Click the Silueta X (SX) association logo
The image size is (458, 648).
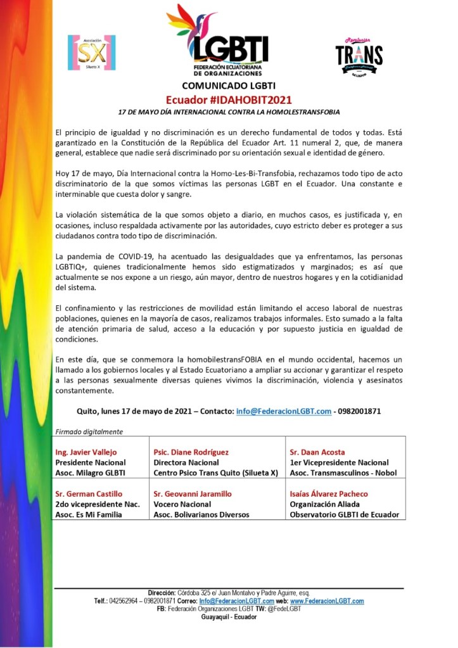coord(91,53)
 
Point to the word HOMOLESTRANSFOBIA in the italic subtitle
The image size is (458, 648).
coord(298,111)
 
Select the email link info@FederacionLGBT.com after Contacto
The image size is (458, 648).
coord(284,410)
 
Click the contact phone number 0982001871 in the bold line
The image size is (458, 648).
coord(359,410)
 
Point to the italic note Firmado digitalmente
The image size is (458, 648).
coord(88,431)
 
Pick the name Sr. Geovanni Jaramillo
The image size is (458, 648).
coord(193,493)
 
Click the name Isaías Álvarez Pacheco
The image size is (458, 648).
coord(328,493)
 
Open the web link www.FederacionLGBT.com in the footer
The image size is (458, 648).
coord(328,600)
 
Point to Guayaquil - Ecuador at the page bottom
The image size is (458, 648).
coord(229,617)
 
